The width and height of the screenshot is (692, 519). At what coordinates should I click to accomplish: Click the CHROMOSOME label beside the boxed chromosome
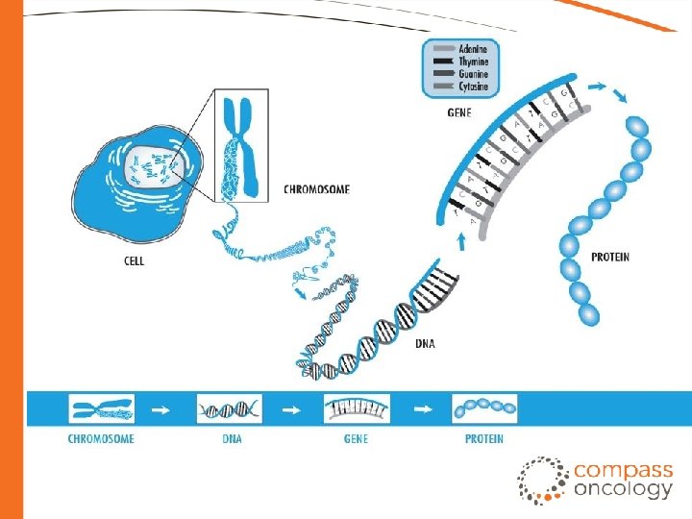pyautogui.click(x=316, y=189)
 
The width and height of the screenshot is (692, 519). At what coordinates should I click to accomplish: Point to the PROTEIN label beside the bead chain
pyautogui.click(x=611, y=258)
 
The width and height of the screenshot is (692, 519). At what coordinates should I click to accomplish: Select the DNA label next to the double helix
pyautogui.click(x=424, y=344)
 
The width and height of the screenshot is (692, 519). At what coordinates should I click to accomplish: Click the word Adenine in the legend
pyautogui.click(x=473, y=49)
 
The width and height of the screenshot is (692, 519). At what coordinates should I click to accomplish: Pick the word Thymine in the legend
pyautogui.click(x=474, y=62)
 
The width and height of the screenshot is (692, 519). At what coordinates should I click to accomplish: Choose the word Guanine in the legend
pyautogui.click(x=473, y=74)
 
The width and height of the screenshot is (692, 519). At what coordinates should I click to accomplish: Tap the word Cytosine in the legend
pyautogui.click(x=474, y=86)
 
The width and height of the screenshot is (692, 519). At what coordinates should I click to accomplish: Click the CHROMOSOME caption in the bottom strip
pyautogui.click(x=101, y=439)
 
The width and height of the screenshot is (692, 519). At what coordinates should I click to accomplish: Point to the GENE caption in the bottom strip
pyautogui.click(x=357, y=439)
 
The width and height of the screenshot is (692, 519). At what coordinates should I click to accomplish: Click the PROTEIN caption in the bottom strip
pyautogui.click(x=484, y=439)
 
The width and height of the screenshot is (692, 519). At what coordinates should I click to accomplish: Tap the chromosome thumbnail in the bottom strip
pyautogui.click(x=101, y=409)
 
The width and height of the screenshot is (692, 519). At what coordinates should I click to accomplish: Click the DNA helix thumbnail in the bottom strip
pyautogui.click(x=230, y=409)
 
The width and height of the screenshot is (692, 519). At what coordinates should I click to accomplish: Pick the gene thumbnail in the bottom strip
pyautogui.click(x=357, y=409)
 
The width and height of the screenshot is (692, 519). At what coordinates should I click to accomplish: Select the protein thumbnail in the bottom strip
pyautogui.click(x=484, y=409)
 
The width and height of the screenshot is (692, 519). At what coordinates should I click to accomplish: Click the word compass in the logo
pyautogui.click(x=624, y=471)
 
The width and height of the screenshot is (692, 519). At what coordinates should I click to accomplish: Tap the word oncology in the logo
pyautogui.click(x=624, y=489)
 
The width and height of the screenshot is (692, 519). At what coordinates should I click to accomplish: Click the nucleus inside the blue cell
pyautogui.click(x=153, y=169)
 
